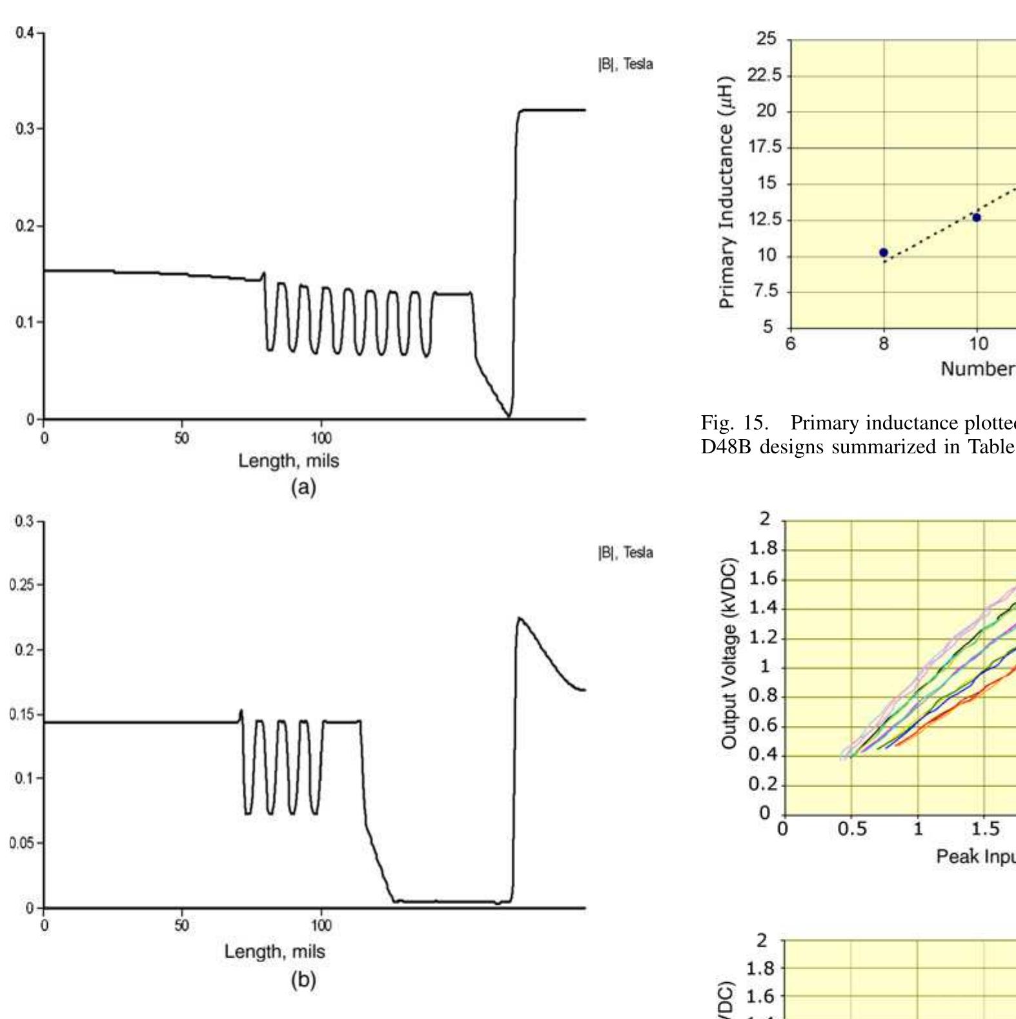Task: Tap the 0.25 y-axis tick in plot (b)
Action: (x=22, y=585)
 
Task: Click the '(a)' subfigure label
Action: (x=303, y=488)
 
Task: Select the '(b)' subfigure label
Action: (x=303, y=980)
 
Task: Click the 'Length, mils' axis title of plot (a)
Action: (x=289, y=461)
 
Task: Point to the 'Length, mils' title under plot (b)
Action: (x=275, y=951)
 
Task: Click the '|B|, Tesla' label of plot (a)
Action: (x=625, y=64)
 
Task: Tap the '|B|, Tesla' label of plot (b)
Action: (x=625, y=553)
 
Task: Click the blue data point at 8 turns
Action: (x=884, y=252)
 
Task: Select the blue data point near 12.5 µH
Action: (x=977, y=218)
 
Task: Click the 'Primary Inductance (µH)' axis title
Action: (x=727, y=192)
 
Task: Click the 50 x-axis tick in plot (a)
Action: (x=182, y=438)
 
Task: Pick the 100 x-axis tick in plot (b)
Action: (x=321, y=925)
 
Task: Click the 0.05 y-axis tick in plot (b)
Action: (x=22, y=843)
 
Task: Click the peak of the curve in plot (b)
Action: (x=520, y=618)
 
